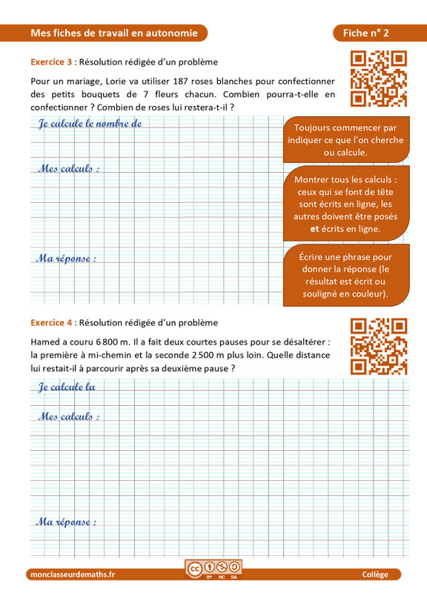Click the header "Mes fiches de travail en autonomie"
[x=114, y=33]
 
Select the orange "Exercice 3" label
[x=52, y=62]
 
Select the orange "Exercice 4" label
[x=52, y=322]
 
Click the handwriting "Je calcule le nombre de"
[x=90, y=125]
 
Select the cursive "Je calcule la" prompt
[x=67, y=387]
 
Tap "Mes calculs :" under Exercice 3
[x=68, y=169]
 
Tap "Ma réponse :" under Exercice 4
[x=66, y=522]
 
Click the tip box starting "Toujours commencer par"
[x=345, y=140]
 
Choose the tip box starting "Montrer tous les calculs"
[x=345, y=205]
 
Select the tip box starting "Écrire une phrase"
[x=345, y=275]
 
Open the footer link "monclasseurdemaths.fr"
[x=73, y=575]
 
